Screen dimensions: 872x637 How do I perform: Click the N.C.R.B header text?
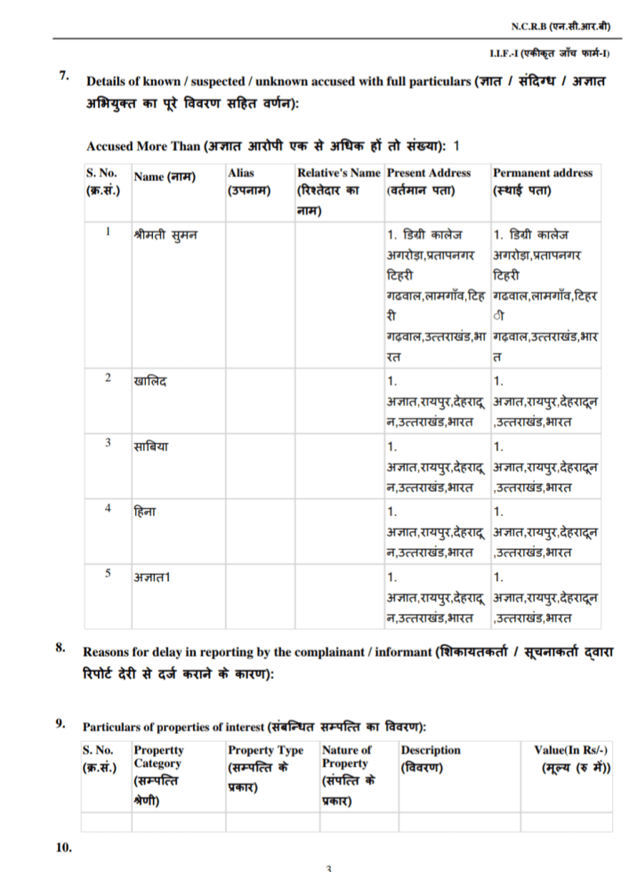pos(561,28)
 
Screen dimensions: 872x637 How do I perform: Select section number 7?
pos(64,76)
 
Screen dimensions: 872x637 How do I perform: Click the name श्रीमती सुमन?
pos(165,235)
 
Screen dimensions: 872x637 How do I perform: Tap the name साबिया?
pos(152,446)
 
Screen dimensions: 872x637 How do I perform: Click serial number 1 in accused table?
pos(107,232)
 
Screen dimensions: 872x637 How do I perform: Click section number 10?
pos(63,847)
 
